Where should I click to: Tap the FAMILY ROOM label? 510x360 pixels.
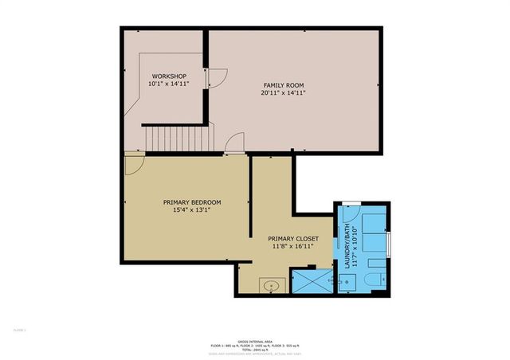[284, 85]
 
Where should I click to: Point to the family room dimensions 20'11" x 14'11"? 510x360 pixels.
[284, 93]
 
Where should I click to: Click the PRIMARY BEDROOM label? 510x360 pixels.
[192, 202]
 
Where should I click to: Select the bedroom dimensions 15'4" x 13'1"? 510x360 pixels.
[192, 210]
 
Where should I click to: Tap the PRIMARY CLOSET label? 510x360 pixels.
[293, 239]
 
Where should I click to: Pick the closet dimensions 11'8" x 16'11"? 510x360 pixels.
[293, 247]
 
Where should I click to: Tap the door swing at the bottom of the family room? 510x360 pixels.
[234, 143]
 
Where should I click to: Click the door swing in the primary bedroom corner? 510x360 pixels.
[133, 164]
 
